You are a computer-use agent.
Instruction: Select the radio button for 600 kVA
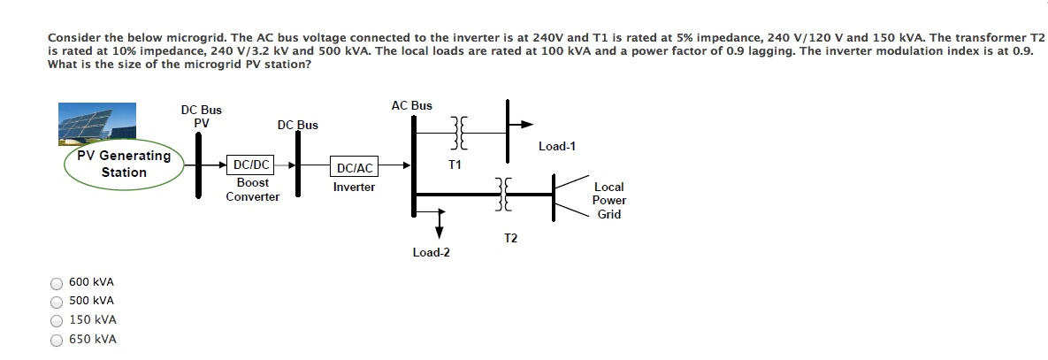pyautogui.click(x=57, y=283)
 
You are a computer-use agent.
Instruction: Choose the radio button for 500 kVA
pyautogui.click(x=57, y=302)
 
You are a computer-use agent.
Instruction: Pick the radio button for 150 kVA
pyautogui.click(x=57, y=320)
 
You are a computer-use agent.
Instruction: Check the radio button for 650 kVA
pyautogui.click(x=57, y=340)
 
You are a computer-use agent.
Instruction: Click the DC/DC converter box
pyautogui.click(x=250, y=165)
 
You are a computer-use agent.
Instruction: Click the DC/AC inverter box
pyautogui.click(x=355, y=167)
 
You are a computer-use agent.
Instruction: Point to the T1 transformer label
pyautogui.click(x=455, y=165)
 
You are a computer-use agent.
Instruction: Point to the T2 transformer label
pyautogui.click(x=510, y=239)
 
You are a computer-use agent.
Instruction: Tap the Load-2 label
pyautogui.click(x=431, y=253)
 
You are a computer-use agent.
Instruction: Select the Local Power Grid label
pyautogui.click(x=608, y=201)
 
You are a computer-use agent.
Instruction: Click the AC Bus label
pyautogui.click(x=411, y=105)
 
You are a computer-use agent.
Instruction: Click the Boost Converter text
pyautogui.click(x=252, y=189)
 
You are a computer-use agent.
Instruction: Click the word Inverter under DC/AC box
pyautogui.click(x=354, y=188)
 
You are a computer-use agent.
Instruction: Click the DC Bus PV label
pyautogui.click(x=202, y=117)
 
